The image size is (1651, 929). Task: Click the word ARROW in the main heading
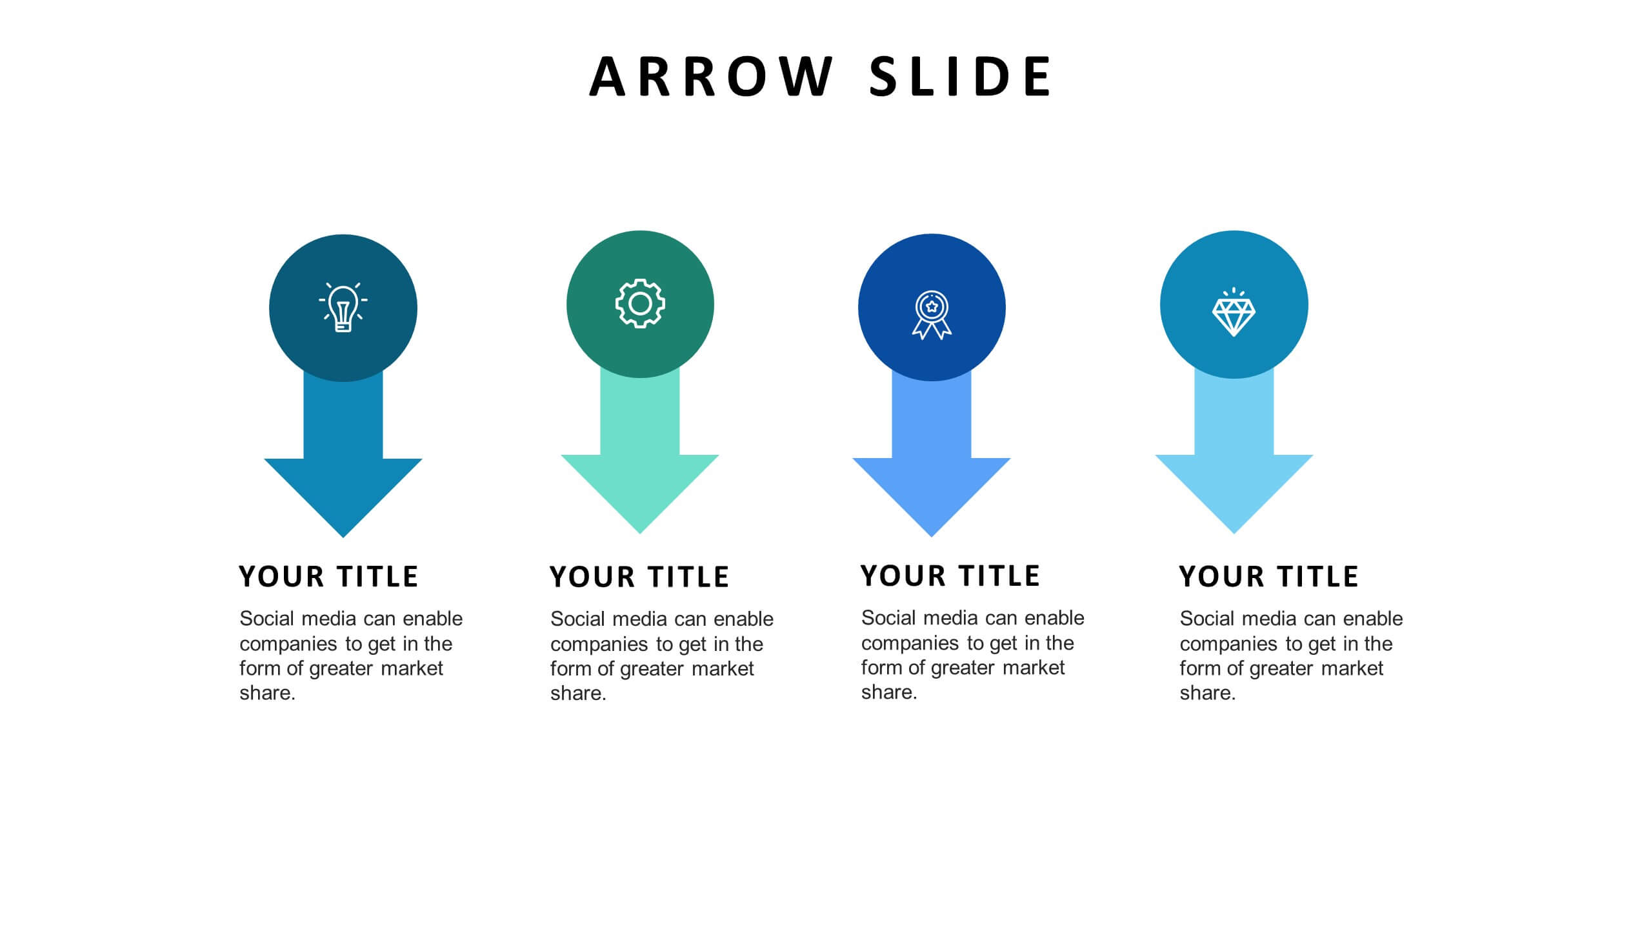click(711, 77)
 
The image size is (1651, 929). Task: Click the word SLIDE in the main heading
click(961, 77)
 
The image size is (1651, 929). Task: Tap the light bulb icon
click(343, 308)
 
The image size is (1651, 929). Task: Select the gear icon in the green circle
click(640, 304)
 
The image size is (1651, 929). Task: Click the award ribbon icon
click(932, 315)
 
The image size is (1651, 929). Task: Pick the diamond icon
click(1234, 312)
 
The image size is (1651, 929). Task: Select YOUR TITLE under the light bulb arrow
click(328, 577)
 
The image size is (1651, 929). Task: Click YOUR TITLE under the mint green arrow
click(639, 577)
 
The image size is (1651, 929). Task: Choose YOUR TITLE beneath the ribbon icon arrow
click(950, 576)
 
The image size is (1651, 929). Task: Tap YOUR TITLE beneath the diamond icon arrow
click(1269, 577)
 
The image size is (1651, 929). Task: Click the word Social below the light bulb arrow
click(267, 619)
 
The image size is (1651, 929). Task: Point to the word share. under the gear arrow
click(578, 694)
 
